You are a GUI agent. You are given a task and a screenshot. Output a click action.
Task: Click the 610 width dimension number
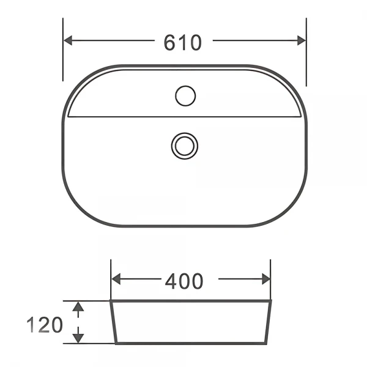pos(182,42)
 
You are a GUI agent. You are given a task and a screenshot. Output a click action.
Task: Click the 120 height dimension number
pos(45,324)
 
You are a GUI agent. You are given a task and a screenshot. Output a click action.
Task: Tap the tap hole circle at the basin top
pos(185,95)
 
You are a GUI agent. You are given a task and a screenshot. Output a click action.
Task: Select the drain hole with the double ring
pos(185,146)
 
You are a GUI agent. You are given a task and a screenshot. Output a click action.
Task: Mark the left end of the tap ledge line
pos(69,117)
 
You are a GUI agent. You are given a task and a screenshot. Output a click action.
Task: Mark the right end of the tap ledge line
pos(300,117)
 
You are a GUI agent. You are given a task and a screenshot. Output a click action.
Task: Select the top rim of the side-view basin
pos(190,301)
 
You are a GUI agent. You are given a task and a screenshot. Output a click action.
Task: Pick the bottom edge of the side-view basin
pos(190,344)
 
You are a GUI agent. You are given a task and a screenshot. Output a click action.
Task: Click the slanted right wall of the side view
pos(268,322)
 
